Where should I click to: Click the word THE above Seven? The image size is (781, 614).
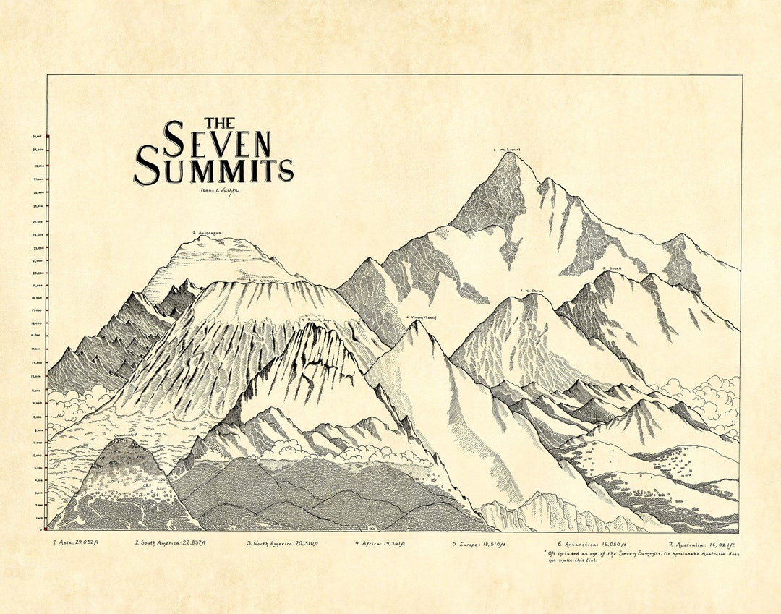pos(219,123)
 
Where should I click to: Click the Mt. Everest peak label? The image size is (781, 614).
pos(506,150)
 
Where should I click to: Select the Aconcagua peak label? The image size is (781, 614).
pos(208,233)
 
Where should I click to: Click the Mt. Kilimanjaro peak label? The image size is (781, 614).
pos(266,279)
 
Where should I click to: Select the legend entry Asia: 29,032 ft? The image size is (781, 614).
pos(75,542)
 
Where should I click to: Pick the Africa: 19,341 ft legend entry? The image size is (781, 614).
pos(383,542)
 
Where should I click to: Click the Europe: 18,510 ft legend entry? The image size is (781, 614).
pos(479,542)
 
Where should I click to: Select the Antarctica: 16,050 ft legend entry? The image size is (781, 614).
pos(588,542)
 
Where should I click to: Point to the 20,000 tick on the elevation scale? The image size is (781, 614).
pos(38,273)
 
